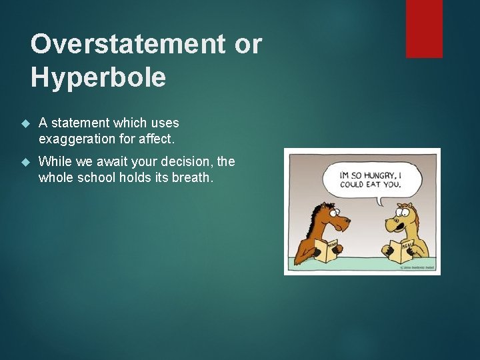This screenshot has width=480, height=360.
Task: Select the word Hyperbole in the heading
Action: (x=98, y=78)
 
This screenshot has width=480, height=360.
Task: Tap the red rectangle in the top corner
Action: (x=424, y=28)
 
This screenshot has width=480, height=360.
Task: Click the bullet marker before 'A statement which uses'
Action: (x=26, y=123)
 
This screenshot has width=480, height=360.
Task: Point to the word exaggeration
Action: (x=77, y=139)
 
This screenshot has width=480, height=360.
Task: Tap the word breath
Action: (x=192, y=177)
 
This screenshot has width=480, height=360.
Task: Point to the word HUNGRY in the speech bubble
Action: (x=377, y=175)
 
